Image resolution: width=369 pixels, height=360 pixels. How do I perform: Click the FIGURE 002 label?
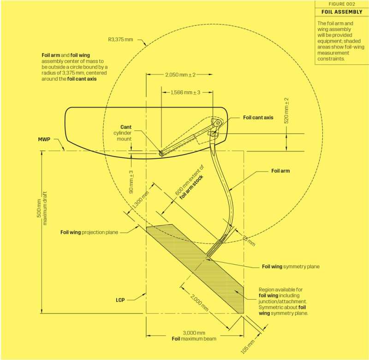tap(342, 4)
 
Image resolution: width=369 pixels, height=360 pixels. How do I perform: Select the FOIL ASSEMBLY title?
tap(342, 12)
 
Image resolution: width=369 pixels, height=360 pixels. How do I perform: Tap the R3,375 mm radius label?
tap(120, 39)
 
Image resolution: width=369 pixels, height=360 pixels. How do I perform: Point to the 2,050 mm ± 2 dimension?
tap(180, 75)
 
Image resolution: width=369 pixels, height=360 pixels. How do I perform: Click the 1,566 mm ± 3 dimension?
tap(185, 92)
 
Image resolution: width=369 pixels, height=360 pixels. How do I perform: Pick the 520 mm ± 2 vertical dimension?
tap(286, 110)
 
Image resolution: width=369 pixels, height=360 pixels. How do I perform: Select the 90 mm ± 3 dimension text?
tap(131, 182)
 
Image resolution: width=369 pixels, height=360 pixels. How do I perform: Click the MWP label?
tap(44, 139)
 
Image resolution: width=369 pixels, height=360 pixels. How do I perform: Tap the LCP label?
tap(120, 300)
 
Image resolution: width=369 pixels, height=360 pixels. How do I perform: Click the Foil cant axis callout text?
tap(258, 118)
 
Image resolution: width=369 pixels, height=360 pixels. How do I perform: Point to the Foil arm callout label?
tap(280, 171)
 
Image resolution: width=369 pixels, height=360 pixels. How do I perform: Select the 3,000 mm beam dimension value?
tap(194, 333)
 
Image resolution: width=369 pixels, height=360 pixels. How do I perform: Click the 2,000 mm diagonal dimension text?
tap(199, 303)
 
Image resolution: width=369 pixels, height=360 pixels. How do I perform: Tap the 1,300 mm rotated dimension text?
tap(140, 200)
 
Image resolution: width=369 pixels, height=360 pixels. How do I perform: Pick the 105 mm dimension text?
tap(248, 347)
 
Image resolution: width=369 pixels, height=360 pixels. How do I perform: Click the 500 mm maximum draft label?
tap(42, 208)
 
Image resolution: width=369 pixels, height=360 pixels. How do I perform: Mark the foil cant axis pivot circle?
tap(218, 123)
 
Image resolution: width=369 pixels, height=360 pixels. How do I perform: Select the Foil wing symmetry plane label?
tap(291, 266)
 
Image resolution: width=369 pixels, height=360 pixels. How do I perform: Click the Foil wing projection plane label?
tap(89, 233)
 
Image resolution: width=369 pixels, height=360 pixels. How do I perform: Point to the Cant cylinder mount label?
tap(122, 133)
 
